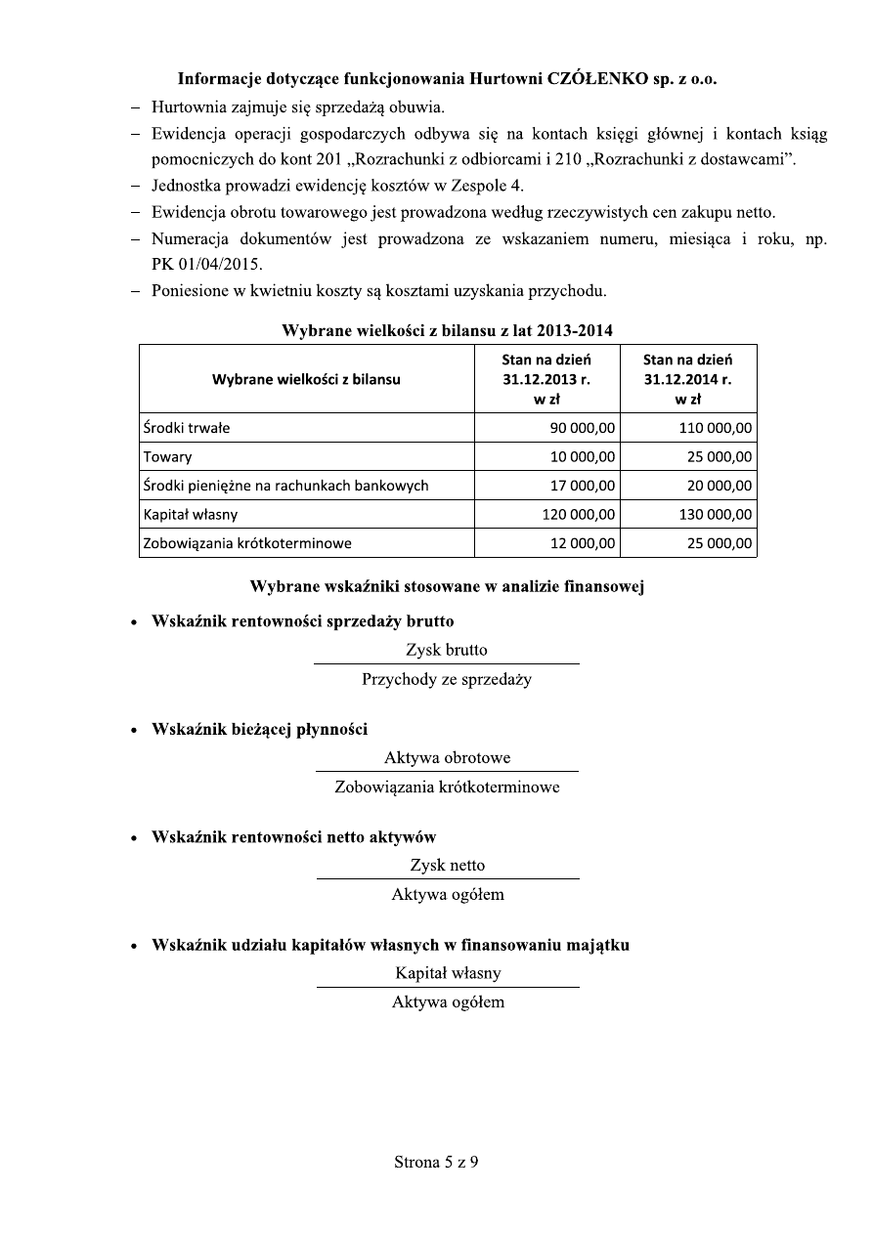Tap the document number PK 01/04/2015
(x=194, y=265)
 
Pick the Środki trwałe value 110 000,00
(x=716, y=428)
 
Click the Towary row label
(x=167, y=456)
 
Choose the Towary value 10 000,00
(x=583, y=456)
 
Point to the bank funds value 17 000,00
(x=583, y=486)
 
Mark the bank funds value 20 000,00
(x=720, y=486)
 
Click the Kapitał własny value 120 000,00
(x=578, y=514)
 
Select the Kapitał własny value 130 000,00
(x=716, y=514)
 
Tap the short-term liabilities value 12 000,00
(x=583, y=543)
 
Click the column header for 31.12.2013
(x=546, y=379)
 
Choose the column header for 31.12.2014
(x=687, y=379)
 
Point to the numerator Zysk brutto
(x=447, y=650)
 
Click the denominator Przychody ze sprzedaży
(x=447, y=679)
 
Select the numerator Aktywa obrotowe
(x=447, y=758)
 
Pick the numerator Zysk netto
(x=448, y=866)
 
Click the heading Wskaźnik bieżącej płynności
(x=259, y=729)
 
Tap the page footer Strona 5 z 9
(x=436, y=1163)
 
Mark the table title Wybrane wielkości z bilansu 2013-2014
(x=448, y=329)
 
